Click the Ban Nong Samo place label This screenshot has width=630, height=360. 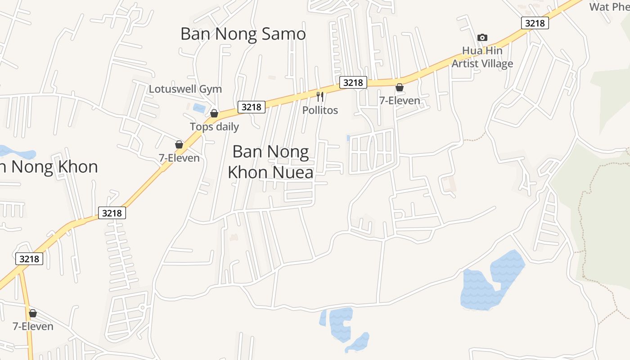tap(243, 34)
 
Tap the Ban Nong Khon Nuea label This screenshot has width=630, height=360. tap(270, 162)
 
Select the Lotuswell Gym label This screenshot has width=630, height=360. tap(185, 89)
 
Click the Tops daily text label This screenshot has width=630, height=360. tap(214, 126)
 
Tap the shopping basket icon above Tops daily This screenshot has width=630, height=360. tap(214, 113)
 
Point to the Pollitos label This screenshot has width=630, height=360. tap(320, 110)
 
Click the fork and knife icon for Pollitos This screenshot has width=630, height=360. tap(320, 96)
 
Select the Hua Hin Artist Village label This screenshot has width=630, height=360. tap(482, 57)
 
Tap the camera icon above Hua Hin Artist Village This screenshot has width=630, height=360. tap(482, 37)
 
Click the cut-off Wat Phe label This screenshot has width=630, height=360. tap(609, 7)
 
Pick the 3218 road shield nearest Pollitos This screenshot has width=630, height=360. tap(353, 82)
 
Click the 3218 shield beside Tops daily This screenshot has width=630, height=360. tap(251, 107)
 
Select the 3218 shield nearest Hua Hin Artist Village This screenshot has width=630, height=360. tap(535, 23)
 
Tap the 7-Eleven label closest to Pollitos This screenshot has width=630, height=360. tap(400, 100)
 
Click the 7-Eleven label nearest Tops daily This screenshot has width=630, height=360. tap(179, 158)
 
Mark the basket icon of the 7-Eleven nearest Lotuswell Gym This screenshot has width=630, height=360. tap(179, 144)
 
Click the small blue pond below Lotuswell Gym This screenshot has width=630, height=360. tap(198, 108)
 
